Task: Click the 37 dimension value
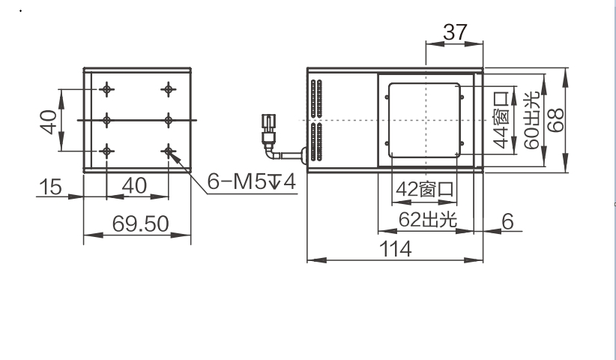point(455,32)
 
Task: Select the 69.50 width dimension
point(140,223)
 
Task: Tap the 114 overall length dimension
point(395,249)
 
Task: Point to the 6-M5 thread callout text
point(251,181)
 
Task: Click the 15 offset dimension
point(50,187)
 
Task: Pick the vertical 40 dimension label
point(48,122)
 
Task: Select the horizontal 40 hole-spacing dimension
point(134,185)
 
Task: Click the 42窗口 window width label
point(425,190)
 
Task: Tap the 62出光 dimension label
point(428,220)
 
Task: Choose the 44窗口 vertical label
point(501,120)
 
